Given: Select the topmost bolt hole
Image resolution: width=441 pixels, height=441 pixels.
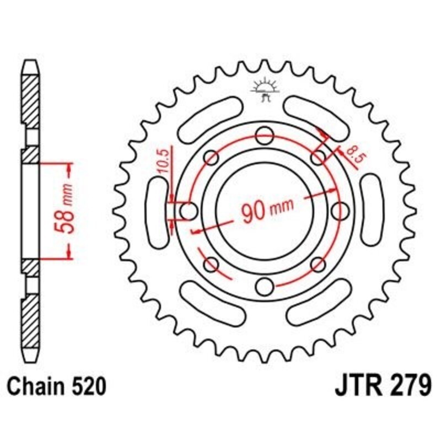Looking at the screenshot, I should pyautogui.click(x=265, y=134).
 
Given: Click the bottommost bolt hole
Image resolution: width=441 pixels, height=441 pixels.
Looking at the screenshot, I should pyautogui.click(x=265, y=286).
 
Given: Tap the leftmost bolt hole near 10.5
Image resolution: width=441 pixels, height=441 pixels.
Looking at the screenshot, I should pyautogui.click(x=189, y=210).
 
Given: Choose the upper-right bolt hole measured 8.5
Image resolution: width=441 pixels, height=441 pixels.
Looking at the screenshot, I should pyautogui.click(x=318, y=158).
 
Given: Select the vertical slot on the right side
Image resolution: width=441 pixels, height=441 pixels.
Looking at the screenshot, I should pyautogui.click(x=370, y=210).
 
